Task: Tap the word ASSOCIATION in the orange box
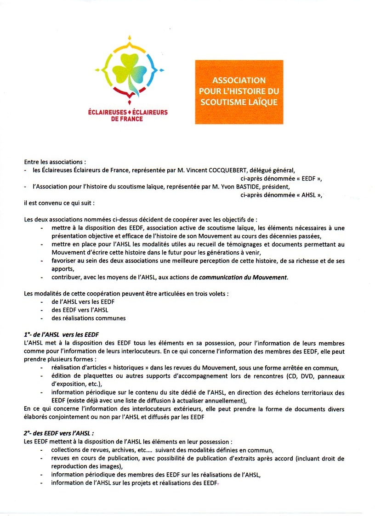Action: click(x=239, y=81)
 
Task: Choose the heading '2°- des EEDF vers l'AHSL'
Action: click(x=61, y=433)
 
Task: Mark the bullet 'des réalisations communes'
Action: click(x=88, y=318)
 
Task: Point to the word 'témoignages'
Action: click(x=241, y=244)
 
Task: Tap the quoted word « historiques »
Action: click(x=121, y=368)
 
